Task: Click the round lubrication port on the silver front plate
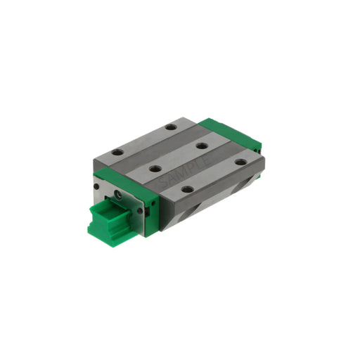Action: [x=117, y=194]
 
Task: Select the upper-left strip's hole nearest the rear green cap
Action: [x=170, y=127]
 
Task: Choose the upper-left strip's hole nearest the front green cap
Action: [x=117, y=153]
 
